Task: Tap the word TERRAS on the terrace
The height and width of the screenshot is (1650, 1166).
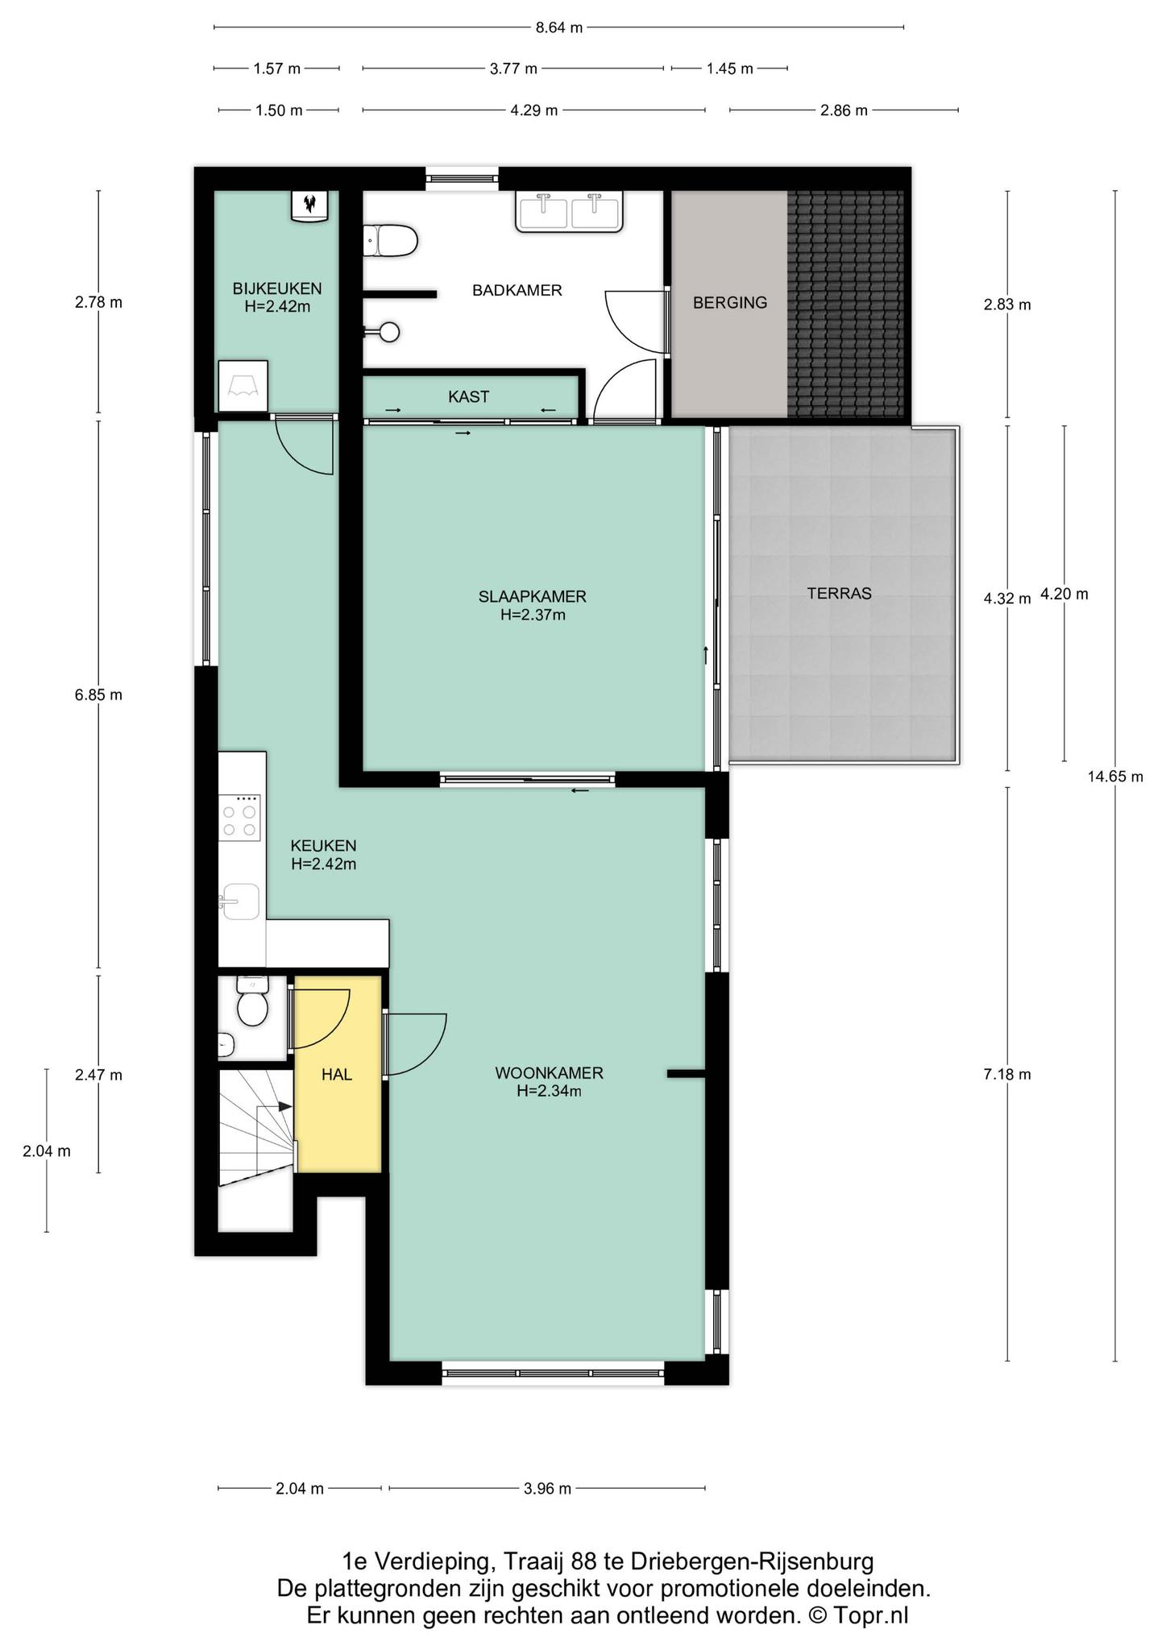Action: click(840, 594)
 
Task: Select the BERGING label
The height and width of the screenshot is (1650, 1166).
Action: click(730, 303)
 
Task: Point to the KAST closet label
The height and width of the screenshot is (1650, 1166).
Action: click(468, 397)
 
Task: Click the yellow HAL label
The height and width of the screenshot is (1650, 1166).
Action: click(337, 1075)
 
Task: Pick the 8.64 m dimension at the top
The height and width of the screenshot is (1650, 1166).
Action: click(558, 27)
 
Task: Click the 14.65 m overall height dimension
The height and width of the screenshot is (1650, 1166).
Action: click(1115, 777)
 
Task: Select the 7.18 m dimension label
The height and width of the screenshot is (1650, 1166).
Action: click(1007, 1075)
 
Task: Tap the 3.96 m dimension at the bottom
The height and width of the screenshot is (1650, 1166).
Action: click(547, 1489)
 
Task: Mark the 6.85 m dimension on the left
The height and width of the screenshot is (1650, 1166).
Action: click(98, 695)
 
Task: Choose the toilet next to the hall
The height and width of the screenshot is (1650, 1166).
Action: click(253, 1001)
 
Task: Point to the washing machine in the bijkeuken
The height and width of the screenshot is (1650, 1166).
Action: click(243, 386)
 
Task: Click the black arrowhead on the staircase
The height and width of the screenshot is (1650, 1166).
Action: click(285, 1107)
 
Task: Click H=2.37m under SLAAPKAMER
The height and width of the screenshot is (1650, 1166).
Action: click(533, 616)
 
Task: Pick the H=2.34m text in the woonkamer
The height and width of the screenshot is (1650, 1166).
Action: click(549, 1092)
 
